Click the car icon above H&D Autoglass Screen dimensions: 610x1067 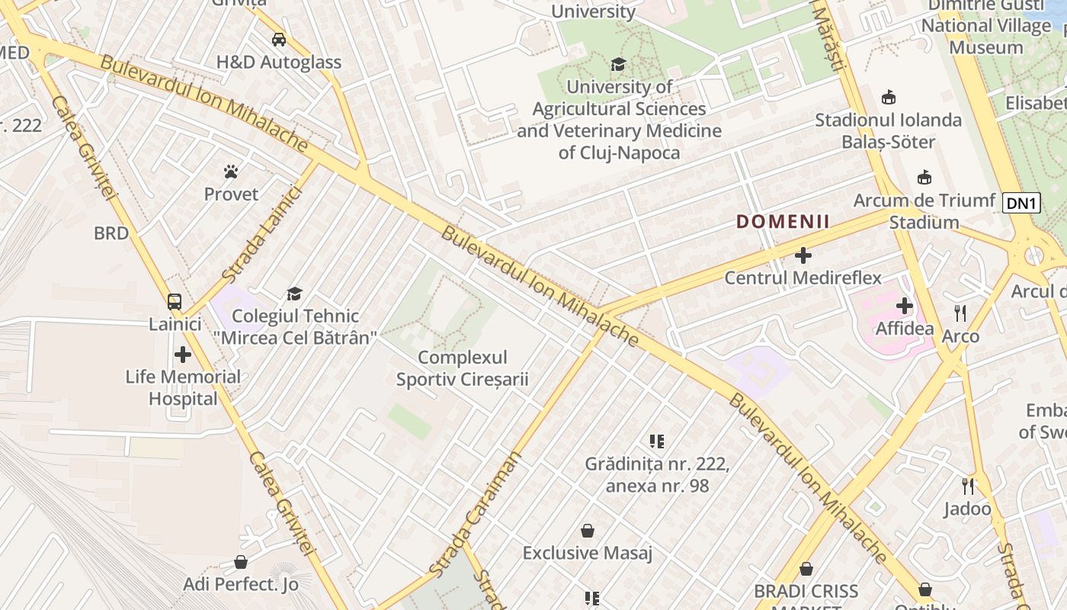[x=279, y=40]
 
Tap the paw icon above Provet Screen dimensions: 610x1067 [x=231, y=172]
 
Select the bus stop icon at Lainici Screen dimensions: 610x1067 [x=175, y=302]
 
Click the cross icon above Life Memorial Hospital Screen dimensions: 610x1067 [x=183, y=355]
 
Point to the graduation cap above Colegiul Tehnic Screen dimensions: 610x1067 [x=294, y=294]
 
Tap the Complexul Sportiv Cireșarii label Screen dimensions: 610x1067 [x=462, y=368]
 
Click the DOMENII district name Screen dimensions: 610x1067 [x=783, y=222]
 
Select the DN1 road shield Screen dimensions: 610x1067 [x=1021, y=203]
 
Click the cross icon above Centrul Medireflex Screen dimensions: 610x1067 [x=803, y=255]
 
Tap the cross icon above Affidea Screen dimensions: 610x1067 [x=905, y=306]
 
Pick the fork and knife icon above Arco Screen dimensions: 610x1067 [x=960, y=313]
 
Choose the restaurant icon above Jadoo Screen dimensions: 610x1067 [x=968, y=486]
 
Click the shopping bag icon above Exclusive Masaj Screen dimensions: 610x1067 [x=588, y=530]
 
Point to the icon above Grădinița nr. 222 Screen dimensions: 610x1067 [x=657, y=441]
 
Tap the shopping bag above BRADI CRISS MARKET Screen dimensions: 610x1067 [x=806, y=569]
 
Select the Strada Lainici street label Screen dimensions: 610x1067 [x=262, y=233]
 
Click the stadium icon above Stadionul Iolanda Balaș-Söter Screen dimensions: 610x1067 [x=889, y=98]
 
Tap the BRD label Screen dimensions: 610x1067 [x=111, y=233]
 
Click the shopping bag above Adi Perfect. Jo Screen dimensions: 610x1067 [x=241, y=562]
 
